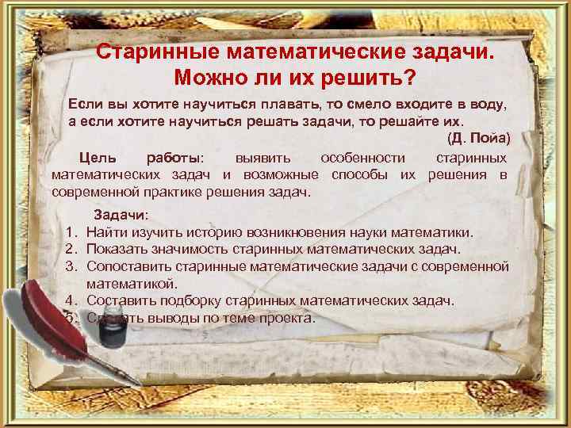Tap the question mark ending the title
[x=410, y=78]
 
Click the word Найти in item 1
[x=104, y=233]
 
